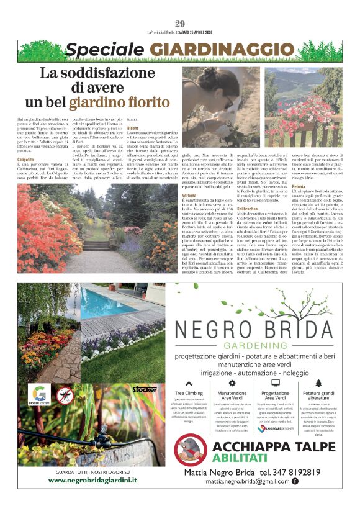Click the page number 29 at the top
coord(180,24)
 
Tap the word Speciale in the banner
coord(97,50)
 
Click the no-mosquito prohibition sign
coord(65,396)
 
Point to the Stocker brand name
coord(144,389)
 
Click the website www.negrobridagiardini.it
coord(92,480)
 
